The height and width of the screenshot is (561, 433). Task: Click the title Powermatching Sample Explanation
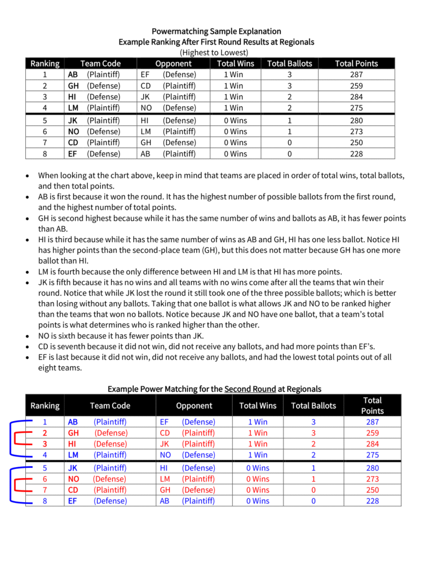click(x=216, y=31)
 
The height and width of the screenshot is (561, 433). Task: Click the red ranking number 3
click(x=45, y=443)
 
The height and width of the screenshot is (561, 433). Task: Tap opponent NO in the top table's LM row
click(x=145, y=107)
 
